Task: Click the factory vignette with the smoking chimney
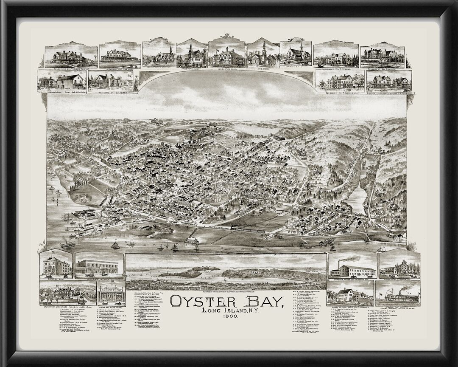coord(352,266)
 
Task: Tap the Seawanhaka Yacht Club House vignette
coord(120,55)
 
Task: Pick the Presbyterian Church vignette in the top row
coord(192,54)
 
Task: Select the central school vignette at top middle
coord(226,53)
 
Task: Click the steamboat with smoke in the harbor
coord(68,244)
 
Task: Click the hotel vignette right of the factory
coord(399,266)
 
